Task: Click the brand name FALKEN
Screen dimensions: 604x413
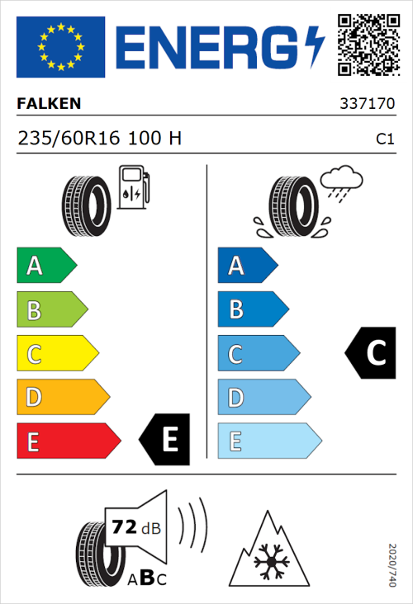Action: (49, 104)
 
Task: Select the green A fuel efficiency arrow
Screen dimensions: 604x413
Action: (45, 266)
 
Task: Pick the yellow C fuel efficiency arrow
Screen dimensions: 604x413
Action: (56, 354)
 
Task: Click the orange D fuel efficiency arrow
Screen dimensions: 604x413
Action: (62, 398)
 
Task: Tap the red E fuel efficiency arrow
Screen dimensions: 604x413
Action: (68, 441)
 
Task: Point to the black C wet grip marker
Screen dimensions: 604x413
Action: (370, 353)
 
